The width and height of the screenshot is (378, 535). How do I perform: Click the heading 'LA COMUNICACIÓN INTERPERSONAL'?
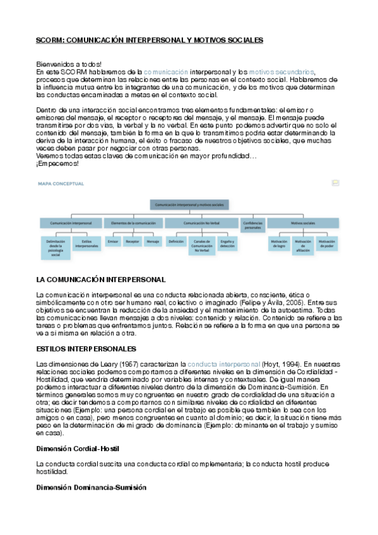(x=101, y=279)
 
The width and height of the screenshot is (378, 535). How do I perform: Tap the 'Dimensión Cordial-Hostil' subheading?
(x=78, y=448)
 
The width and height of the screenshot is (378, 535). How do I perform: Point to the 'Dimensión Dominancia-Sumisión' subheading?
(x=91, y=488)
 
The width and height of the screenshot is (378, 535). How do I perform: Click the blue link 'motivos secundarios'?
(x=281, y=73)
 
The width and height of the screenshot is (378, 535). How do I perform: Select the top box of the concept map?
(x=188, y=205)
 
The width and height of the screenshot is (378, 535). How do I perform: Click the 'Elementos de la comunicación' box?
(x=133, y=223)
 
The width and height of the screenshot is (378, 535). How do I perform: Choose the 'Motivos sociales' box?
(x=303, y=223)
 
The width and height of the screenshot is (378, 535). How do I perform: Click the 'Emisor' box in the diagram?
(x=114, y=242)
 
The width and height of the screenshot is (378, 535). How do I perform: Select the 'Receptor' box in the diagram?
(x=133, y=242)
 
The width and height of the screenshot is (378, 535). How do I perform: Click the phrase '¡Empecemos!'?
(x=58, y=163)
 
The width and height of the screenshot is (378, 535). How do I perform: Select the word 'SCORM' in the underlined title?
(x=47, y=40)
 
